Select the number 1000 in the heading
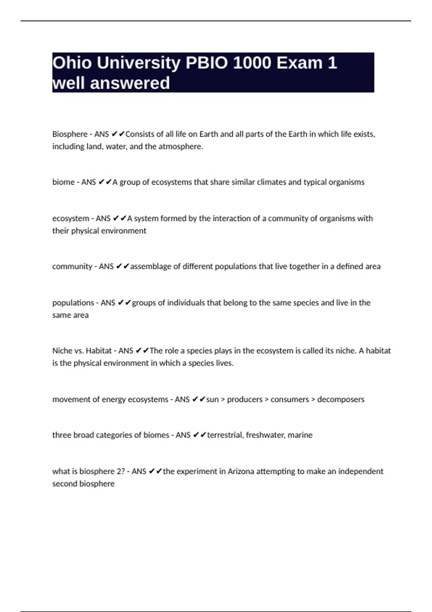pyautogui.click(x=252, y=63)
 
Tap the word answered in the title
pyautogui.click(x=130, y=83)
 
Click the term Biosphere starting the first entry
pyautogui.click(x=70, y=134)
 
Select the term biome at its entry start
pyautogui.click(x=63, y=182)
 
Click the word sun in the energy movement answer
pyautogui.click(x=212, y=400)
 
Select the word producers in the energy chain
pyautogui.click(x=245, y=400)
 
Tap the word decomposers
pyautogui.click(x=341, y=400)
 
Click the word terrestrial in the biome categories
pyautogui.click(x=225, y=435)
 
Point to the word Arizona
pyautogui.click(x=241, y=472)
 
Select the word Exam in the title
pyautogui.click(x=300, y=63)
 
